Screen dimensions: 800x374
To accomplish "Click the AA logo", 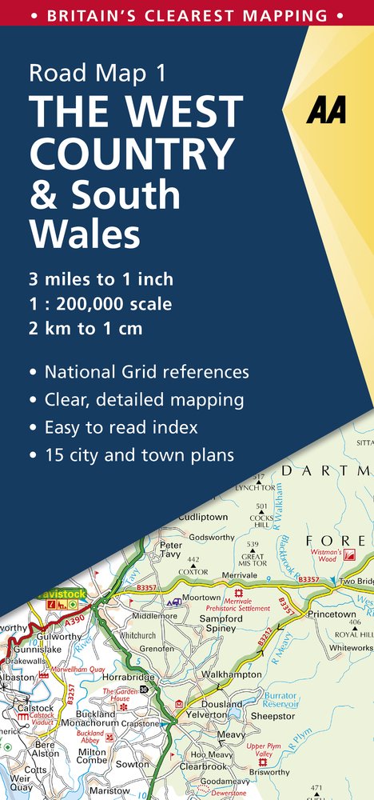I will (327, 111).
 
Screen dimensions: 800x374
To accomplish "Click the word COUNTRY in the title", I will (132, 153).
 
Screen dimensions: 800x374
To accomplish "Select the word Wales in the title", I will (85, 234).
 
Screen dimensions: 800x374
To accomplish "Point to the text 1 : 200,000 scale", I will (100, 304).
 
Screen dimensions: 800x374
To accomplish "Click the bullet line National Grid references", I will (146, 372).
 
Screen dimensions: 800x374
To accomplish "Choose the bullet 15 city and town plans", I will (140, 456).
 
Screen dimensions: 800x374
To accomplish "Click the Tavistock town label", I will (62, 594).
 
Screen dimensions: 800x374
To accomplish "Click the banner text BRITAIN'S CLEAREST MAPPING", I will (186, 15).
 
